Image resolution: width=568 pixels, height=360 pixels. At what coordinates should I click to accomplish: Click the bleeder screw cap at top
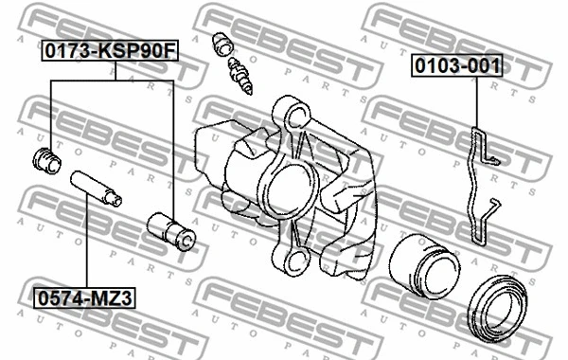[x=224, y=44]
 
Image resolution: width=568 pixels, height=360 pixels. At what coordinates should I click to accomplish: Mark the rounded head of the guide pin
[x=115, y=200]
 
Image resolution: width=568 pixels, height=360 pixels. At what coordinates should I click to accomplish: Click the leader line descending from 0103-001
[x=475, y=99]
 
